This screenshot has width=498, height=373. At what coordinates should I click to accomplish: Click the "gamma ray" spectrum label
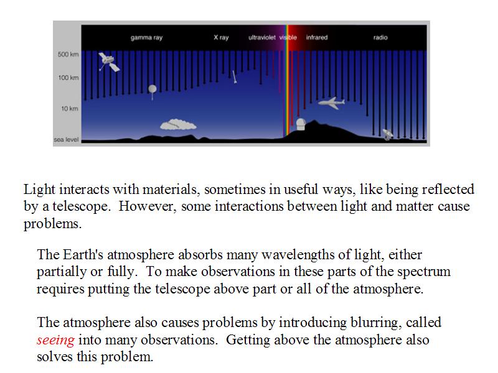[146, 38]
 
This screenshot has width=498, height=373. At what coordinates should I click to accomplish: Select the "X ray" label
[221, 37]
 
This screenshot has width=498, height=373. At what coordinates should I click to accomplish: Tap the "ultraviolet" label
[262, 37]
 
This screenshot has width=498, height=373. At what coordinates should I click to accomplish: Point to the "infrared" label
[317, 37]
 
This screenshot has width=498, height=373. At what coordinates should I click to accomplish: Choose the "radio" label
[380, 37]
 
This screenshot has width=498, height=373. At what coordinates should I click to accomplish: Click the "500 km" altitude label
[68, 54]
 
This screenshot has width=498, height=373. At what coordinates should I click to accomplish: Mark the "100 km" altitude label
[68, 78]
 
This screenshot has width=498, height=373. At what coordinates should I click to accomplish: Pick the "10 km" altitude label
[70, 109]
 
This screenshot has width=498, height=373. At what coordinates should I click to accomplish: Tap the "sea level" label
[66, 139]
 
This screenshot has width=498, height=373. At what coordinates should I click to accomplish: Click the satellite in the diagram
[108, 62]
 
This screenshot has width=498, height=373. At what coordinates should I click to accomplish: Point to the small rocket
[234, 76]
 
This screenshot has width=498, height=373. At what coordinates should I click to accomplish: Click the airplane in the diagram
[332, 103]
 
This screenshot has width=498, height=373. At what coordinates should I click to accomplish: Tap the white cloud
[178, 125]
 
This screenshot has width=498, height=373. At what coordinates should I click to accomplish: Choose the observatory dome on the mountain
[301, 124]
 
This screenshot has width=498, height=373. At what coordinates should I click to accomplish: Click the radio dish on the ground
[387, 134]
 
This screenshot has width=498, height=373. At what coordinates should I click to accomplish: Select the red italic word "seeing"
[55, 340]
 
